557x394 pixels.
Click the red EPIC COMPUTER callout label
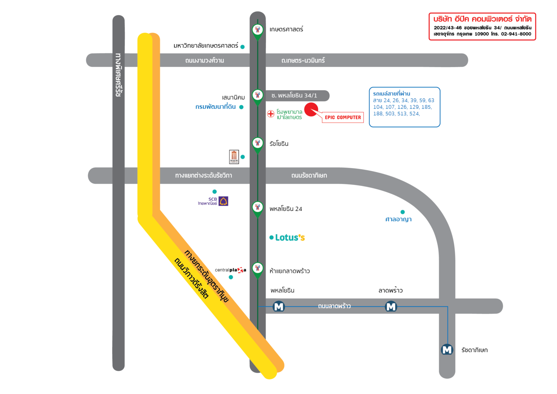pos(343,117)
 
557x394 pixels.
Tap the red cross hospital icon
pos(271,114)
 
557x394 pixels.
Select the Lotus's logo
pos(290,237)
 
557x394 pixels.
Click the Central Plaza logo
pos(231,270)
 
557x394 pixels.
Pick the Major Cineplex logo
pos(234,157)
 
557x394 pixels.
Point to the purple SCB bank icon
pos(223,201)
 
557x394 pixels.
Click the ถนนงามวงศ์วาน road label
pos(205,60)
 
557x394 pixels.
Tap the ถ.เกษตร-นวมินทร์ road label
pos(303,60)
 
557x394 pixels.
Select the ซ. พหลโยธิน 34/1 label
pos(294,96)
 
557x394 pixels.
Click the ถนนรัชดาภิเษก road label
pos(309,176)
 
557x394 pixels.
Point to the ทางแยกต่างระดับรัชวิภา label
pos(204,176)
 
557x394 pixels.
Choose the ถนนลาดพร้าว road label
pos(334,306)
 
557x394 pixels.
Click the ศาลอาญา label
pos(398,220)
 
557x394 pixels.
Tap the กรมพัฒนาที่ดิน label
pos(216,107)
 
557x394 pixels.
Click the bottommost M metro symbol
pos(447,350)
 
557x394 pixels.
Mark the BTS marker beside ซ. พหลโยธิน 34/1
pos(258,96)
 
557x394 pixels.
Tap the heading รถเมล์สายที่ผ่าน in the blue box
pos(391,94)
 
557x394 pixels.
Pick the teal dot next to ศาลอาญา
pos(402,212)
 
